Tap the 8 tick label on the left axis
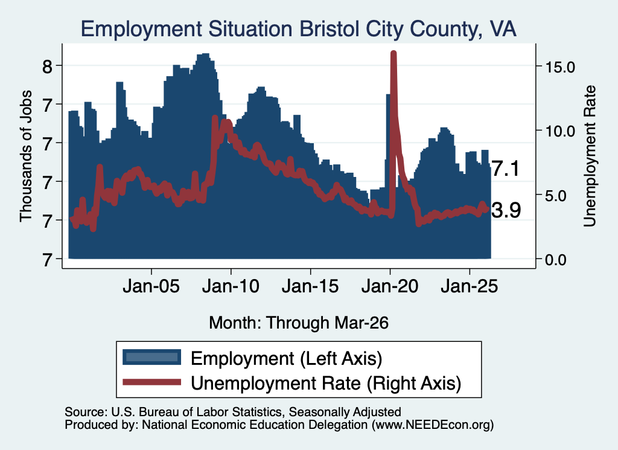[47, 66]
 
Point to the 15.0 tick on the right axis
[560, 66]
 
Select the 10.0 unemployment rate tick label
[560, 131]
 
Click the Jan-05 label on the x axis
[151, 286]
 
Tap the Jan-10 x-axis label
[231, 286]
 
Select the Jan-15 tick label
[310, 286]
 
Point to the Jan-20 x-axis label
[390, 286]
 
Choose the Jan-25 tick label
[470, 286]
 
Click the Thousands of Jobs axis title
[25, 156]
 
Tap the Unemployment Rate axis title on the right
[590, 156]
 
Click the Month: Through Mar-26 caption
[299, 323]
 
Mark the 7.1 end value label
[506, 169]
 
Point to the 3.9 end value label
[506, 210]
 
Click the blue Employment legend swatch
[151, 358]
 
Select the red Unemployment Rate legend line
[151, 382]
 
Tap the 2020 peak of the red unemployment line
[393, 53]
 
